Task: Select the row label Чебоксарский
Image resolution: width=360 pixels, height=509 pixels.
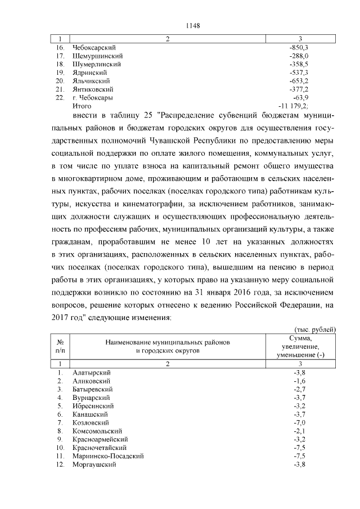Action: pyautogui.click(x=94, y=48)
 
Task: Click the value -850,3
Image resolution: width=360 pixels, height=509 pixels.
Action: pyautogui.click(x=298, y=48)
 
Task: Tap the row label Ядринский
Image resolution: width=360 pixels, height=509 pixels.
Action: pyautogui.click(x=90, y=73)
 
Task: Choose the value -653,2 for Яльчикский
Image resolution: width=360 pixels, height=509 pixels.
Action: pyautogui.click(x=298, y=81)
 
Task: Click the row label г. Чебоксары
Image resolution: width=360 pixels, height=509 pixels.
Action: pyautogui.click(x=92, y=97)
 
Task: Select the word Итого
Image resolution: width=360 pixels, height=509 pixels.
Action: pyautogui.click(x=82, y=106)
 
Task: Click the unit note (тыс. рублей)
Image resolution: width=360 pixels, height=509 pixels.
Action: pyautogui.click(x=315, y=328)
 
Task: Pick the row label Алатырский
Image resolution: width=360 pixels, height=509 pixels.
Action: pyautogui.click(x=92, y=373)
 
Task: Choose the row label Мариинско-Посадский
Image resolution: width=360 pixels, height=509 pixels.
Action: pyautogui.click(x=108, y=456)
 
